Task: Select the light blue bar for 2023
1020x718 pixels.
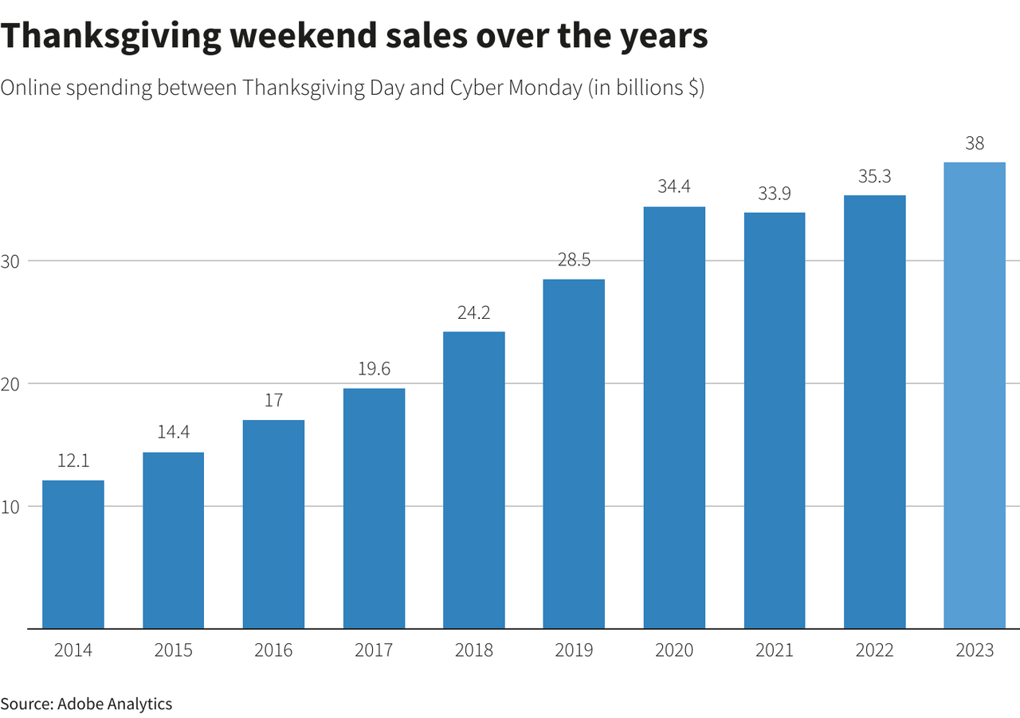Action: [x=974, y=395]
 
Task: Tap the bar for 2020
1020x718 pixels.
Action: [x=674, y=418]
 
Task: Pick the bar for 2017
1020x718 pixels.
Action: [x=374, y=508]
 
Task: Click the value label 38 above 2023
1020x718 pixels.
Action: [x=974, y=143]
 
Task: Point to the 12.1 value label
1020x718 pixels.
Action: [x=73, y=461]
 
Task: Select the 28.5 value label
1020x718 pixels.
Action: [x=574, y=261]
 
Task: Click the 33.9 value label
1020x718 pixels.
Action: [x=774, y=194]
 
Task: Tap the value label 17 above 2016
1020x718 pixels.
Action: [x=273, y=401]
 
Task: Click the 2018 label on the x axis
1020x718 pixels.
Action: [x=473, y=650]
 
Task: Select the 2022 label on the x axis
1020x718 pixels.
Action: [x=874, y=650]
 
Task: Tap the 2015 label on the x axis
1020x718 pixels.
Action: [x=173, y=650]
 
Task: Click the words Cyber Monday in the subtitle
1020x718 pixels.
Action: [x=516, y=88]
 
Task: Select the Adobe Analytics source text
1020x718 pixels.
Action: [x=114, y=704]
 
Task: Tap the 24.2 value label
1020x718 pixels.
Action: [x=473, y=313]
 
